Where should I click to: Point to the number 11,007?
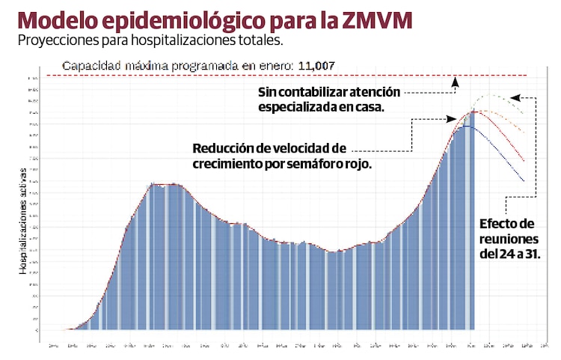316,66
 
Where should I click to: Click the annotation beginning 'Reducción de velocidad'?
282,154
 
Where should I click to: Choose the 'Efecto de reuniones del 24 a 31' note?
509,239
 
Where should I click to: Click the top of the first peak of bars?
163,184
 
